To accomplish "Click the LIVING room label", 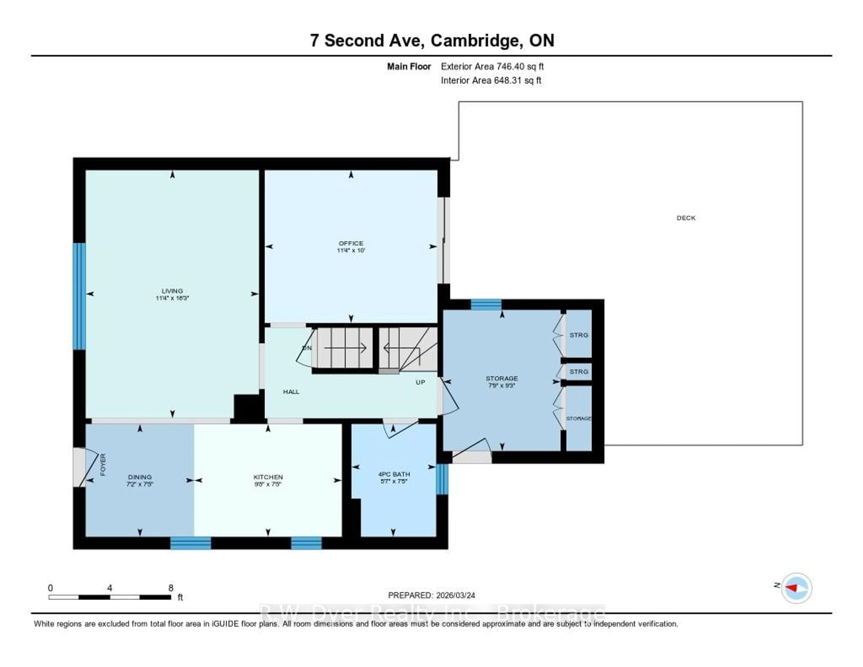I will (172, 291).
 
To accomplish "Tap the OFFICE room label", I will (351, 243).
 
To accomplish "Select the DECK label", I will (686, 218).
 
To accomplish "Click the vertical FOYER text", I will (103, 465).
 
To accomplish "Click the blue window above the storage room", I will (486, 304).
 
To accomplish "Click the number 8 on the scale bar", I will (171, 588).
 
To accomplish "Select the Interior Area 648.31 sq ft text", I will (491, 80).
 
